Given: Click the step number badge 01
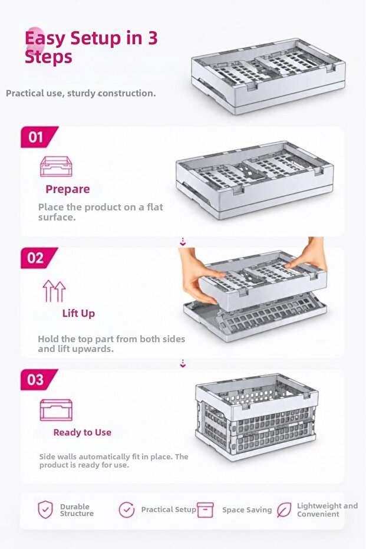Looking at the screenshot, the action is [x=38, y=137].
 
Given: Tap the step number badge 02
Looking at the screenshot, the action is [x=38, y=258].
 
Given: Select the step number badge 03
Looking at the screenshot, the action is [x=38, y=380].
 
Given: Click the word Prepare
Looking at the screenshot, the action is [x=68, y=189].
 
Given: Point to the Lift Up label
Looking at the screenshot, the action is [x=78, y=313].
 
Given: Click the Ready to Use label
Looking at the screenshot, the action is [x=83, y=432].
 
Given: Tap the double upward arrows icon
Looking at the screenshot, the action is [x=54, y=291].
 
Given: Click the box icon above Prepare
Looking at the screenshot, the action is [x=56, y=167].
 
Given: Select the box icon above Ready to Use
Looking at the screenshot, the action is [x=56, y=410].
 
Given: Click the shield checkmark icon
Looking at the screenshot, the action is [x=45, y=509].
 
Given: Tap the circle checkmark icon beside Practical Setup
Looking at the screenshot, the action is [x=126, y=509].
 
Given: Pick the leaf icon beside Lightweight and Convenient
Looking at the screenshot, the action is [x=283, y=509].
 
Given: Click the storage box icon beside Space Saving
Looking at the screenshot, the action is [x=205, y=509].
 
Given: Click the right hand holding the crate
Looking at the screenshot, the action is [x=308, y=255].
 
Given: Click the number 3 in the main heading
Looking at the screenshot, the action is [x=153, y=38].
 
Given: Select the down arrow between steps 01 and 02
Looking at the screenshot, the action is [x=183, y=242].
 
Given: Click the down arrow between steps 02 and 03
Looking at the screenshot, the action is [x=183, y=363].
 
